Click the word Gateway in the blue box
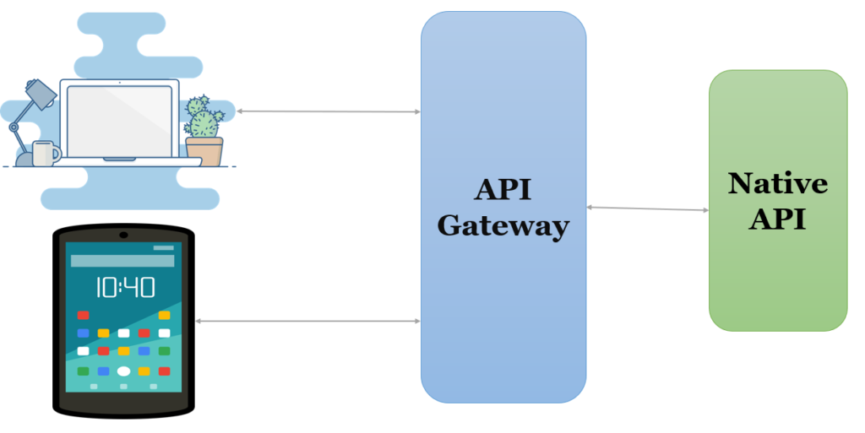[503, 225]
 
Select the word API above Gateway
[503, 189]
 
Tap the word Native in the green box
[777, 183]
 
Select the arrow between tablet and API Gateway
[307, 321]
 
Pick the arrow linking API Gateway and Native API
[647, 208]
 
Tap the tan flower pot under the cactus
[204, 152]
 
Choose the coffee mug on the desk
[44, 154]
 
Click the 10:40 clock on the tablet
[124, 287]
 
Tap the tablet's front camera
[123, 234]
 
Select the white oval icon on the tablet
[123, 371]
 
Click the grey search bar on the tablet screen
[122, 261]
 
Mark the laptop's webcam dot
[119, 83]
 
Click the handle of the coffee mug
[57, 153]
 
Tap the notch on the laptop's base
[119, 159]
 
